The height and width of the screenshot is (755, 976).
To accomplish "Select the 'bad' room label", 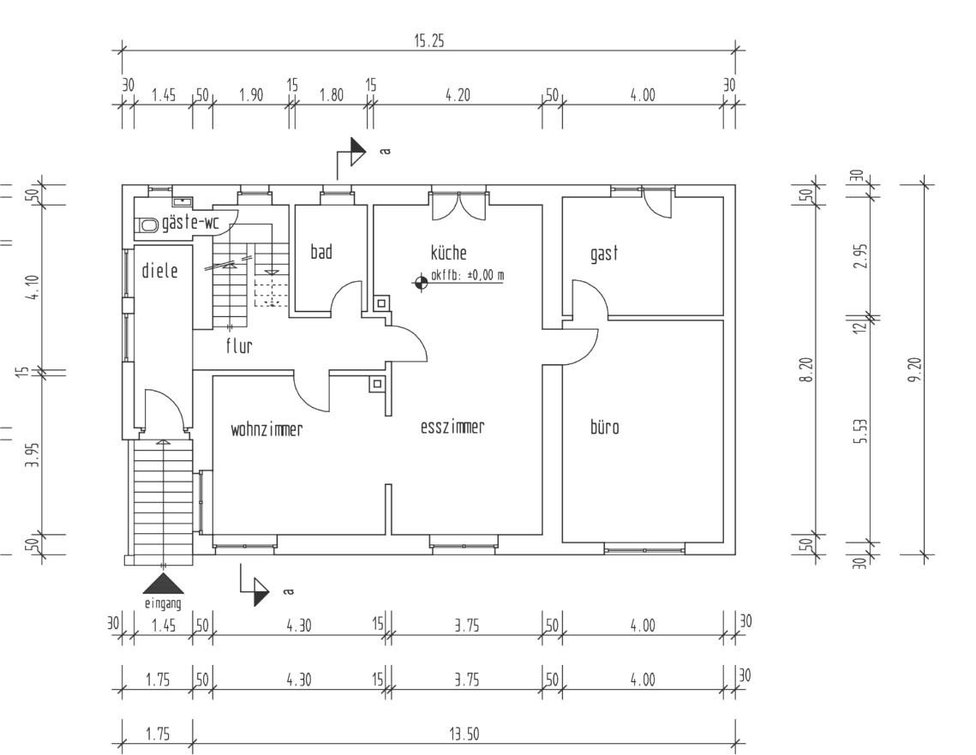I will pyautogui.click(x=320, y=252).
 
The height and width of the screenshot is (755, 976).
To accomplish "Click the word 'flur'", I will pyautogui.click(x=238, y=346).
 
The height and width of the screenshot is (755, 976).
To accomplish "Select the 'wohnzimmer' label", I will pyautogui.click(x=266, y=429).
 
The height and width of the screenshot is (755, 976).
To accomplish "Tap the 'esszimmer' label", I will pyautogui.click(x=452, y=428).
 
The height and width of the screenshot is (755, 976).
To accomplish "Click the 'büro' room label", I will pyautogui.click(x=604, y=428).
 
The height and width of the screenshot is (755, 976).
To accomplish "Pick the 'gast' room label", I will pyautogui.click(x=604, y=254).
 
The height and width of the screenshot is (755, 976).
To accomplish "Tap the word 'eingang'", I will pyautogui.click(x=163, y=602).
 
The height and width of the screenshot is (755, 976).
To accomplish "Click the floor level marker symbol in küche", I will pyautogui.click(x=420, y=282).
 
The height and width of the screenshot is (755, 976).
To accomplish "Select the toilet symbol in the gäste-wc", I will pyautogui.click(x=148, y=225).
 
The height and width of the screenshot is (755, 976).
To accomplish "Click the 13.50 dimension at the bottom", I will pyautogui.click(x=464, y=734).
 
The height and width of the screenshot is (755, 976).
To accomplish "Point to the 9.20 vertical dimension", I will pyautogui.click(x=919, y=370).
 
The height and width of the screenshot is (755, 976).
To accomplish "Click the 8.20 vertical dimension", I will pyautogui.click(x=807, y=370).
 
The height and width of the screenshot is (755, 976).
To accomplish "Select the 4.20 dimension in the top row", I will pyautogui.click(x=458, y=95).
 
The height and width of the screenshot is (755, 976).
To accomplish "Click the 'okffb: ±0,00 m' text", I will pyautogui.click(x=468, y=276).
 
